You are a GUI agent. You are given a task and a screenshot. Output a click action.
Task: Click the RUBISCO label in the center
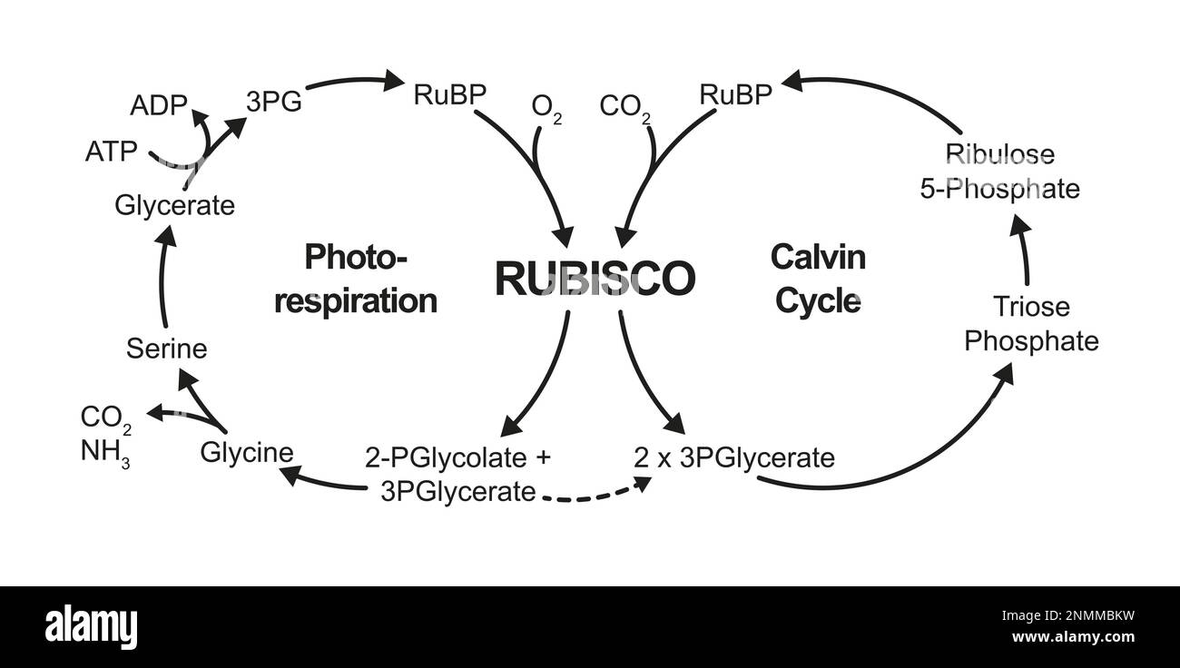tap(595, 279)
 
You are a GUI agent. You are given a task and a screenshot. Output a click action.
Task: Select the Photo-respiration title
tap(356, 279)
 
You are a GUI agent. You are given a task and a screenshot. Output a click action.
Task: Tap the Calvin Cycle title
tap(818, 279)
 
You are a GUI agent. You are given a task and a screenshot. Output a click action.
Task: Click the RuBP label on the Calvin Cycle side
tap(735, 94)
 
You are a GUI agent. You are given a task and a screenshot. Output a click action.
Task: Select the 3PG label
tap(273, 101)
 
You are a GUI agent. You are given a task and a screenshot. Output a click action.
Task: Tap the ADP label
tap(159, 105)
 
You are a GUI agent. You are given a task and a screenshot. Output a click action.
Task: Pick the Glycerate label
tap(174, 205)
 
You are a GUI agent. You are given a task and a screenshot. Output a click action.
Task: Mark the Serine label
tap(166, 349)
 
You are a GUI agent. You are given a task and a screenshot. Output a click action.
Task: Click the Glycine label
tap(247, 452)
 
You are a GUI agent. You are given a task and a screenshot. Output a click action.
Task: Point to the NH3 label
tap(104, 452)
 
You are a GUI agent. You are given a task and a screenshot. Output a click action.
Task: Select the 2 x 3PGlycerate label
tap(733, 458)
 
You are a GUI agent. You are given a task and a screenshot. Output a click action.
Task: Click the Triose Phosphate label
tap(1031, 324)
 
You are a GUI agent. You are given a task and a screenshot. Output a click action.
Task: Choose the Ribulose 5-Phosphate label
tap(1012, 171)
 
